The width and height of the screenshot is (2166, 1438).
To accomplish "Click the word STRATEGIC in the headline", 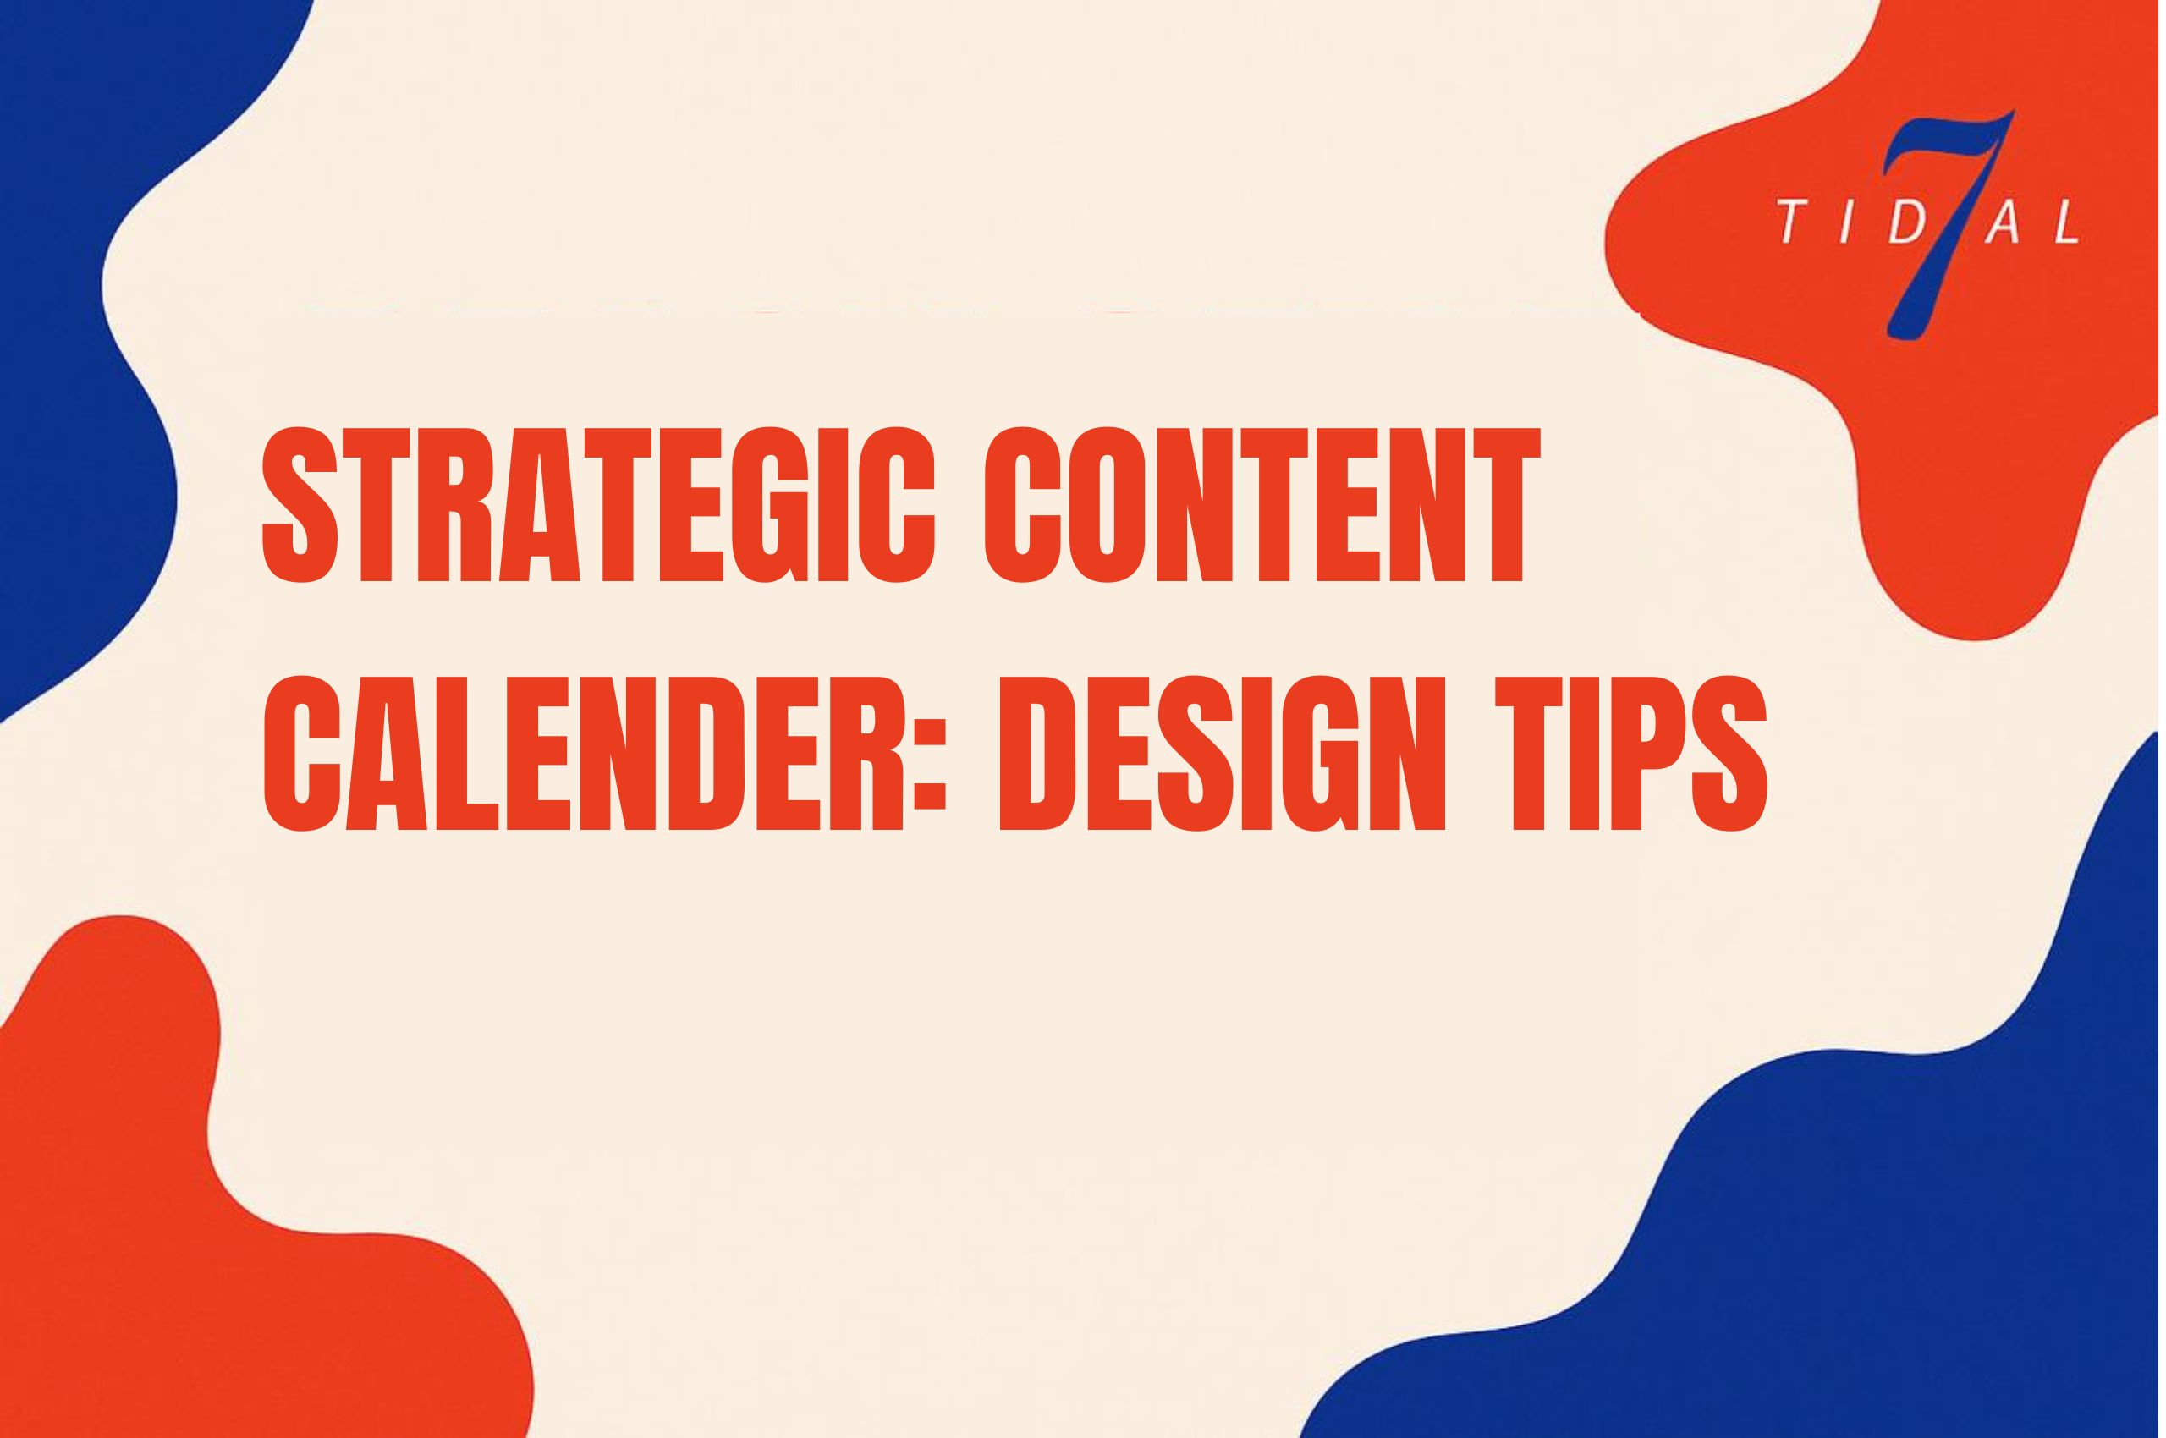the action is [598, 504].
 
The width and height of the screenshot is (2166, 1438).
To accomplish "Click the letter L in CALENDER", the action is [466, 752].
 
